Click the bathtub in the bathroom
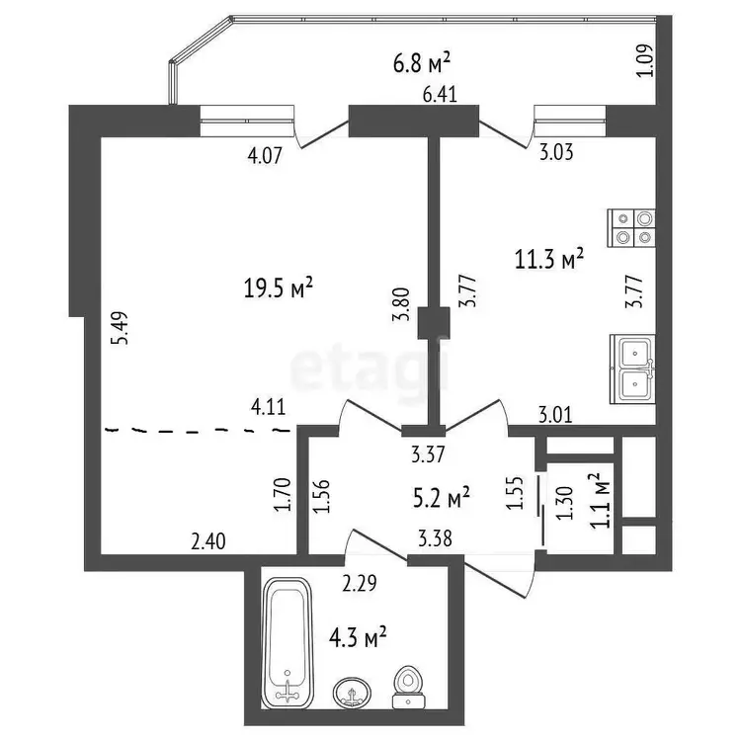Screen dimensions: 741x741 tap(287, 643)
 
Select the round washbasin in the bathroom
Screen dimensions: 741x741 tap(352, 693)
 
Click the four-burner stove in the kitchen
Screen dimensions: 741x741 tap(631, 228)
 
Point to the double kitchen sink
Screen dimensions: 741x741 tap(632, 370)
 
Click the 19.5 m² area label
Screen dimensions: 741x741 tap(279, 288)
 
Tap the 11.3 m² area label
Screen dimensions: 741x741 tap(549, 259)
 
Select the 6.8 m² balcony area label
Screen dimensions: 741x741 tap(422, 63)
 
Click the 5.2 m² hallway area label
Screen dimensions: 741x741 tap(442, 498)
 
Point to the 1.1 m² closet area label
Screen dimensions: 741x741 tap(601, 501)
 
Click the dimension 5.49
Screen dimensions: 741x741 tap(120, 328)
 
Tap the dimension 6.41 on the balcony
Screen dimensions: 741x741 tap(440, 95)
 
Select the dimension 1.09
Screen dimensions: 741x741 tap(644, 60)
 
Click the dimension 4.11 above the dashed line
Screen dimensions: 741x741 tap(269, 406)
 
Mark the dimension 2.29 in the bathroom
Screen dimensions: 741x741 tap(360, 583)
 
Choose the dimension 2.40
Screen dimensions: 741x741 tap(208, 541)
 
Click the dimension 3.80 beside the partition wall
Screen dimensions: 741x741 tap(401, 305)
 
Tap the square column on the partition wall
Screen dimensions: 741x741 tap(434, 323)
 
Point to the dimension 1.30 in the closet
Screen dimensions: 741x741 tap(565, 503)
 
